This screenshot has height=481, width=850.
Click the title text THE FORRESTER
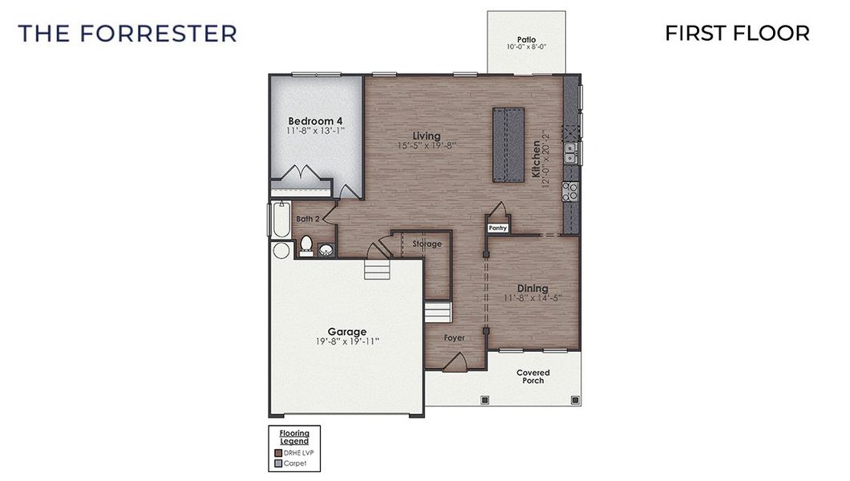coord(127,33)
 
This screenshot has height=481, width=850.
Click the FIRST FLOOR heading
coord(737,33)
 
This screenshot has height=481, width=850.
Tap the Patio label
coord(526,39)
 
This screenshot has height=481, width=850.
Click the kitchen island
coord(508,145)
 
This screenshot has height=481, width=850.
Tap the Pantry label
coord(499,228)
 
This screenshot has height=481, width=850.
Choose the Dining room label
coord(532,289)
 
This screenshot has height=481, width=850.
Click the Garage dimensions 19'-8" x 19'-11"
coord(346,341)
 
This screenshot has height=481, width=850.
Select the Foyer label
coord(455,338)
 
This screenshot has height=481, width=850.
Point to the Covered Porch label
coord(532,376)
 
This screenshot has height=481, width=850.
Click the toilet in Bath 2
coord(306,245)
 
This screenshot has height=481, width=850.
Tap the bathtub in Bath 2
coord(280,220)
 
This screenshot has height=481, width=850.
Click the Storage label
coord(427,244)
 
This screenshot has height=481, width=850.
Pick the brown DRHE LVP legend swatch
coord(277,452)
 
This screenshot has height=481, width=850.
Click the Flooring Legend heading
coord(293,437)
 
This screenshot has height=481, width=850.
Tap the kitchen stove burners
coord(570,191)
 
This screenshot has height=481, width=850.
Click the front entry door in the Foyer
coord(455,362)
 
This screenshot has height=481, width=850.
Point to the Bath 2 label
coord(308,219)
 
